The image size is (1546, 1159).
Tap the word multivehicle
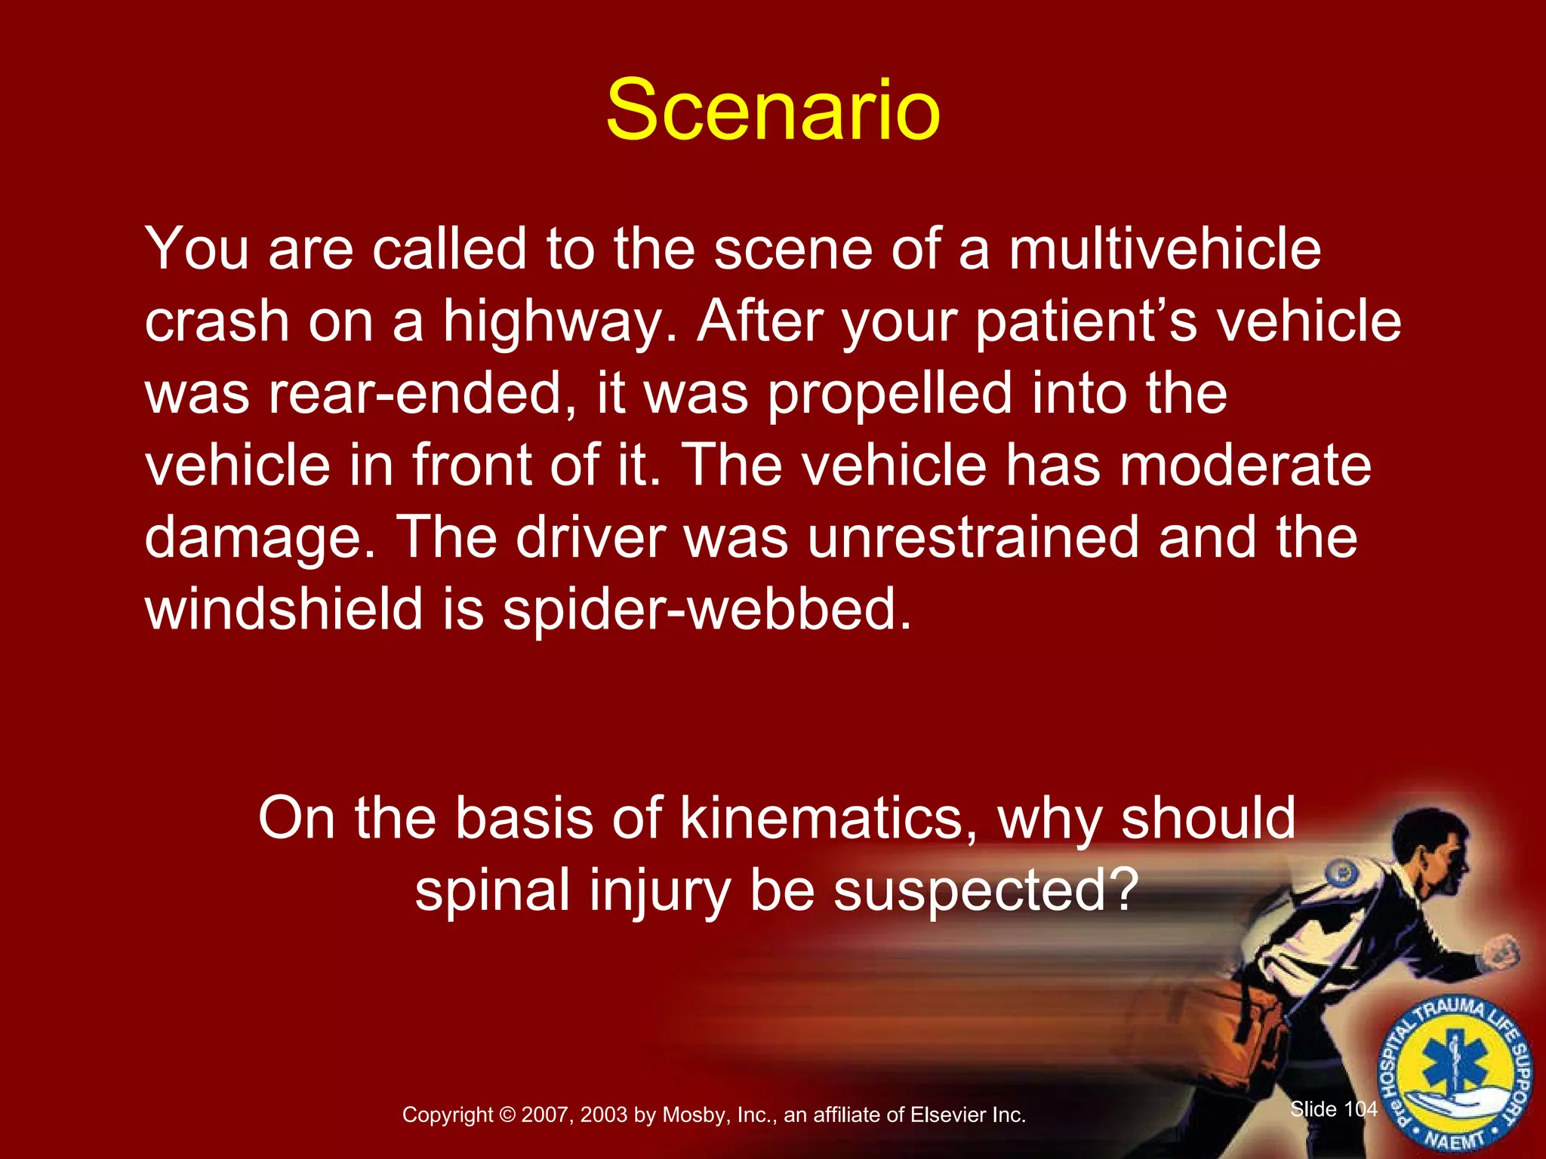tap(1165, 249)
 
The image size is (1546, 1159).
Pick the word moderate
tap(1245, 465)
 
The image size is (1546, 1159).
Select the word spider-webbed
tap(707, 610)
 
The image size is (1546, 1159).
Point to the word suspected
tap(985, 890)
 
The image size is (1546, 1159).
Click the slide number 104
tap(1361, 1108)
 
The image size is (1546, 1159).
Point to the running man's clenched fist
tap(1502, 951)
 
